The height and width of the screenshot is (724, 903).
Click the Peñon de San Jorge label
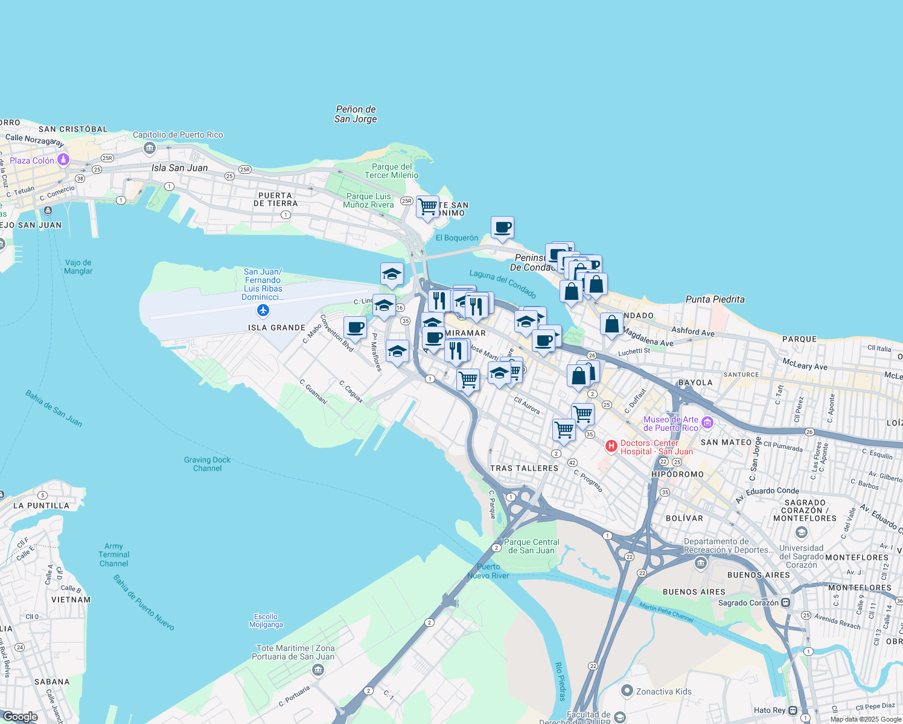pos(356,114)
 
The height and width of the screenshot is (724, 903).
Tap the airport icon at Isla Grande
pos(263,310)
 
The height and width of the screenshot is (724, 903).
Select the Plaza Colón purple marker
pos(63,160)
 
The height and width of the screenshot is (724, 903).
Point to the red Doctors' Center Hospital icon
pos(611,446)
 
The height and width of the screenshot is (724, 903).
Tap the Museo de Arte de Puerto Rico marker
pos(707,423)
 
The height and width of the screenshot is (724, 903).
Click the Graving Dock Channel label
pos(207,464)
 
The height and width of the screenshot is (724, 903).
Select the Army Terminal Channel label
pos(113,554)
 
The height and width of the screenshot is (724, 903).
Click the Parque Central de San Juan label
pos(531,546)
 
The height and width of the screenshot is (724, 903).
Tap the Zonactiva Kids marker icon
pos(627,691)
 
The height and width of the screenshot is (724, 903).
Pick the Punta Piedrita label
pos(715,299)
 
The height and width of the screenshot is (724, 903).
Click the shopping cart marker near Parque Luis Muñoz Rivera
pos(427,207)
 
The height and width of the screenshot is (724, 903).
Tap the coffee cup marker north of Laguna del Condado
pos(502,227)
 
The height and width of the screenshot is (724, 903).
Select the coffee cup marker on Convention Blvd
pos(355,328)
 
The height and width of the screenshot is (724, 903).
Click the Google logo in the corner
pos(20,717)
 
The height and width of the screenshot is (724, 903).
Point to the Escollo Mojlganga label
pos(266,620)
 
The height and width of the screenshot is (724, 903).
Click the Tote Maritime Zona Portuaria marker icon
pos(318,670)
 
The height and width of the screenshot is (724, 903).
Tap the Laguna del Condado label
pos(503,284)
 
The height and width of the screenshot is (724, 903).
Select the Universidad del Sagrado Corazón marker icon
pos(801,532)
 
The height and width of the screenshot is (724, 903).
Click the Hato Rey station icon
pos(793,710)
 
